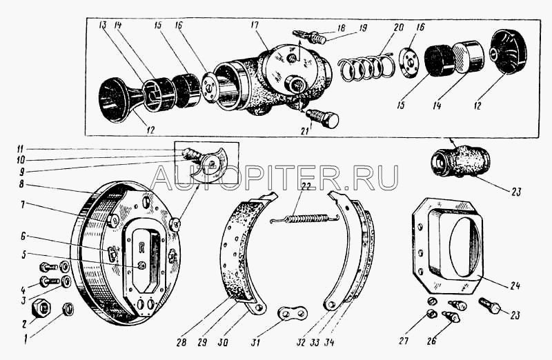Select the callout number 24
[x=515, y=284]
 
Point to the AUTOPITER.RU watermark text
[x=273, y=177]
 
